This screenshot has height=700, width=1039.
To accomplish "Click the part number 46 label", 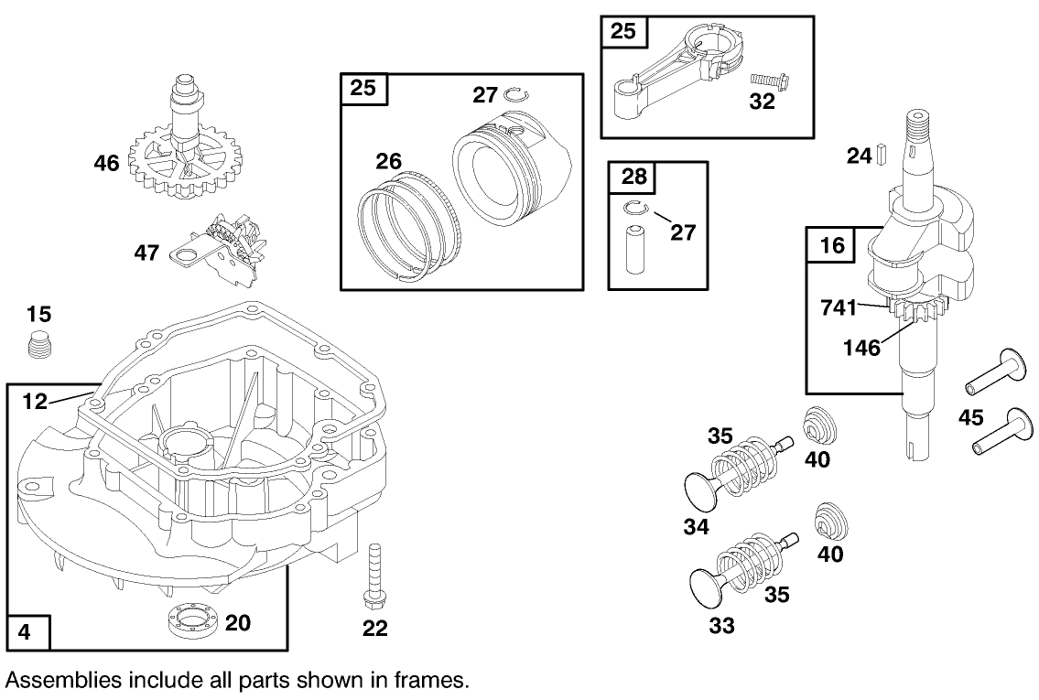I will pyautogui.click(x=106, y=164).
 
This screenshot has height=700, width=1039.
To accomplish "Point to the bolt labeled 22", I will pyautogui.click(x=374, y=574).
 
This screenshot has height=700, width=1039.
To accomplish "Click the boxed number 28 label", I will pyautogui.click(x=633, y=177).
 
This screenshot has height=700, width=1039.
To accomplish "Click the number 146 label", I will pyautogui.click(x=862, y=348).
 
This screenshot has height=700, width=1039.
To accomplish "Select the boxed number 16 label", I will pyautogui.click(x=830, y=245).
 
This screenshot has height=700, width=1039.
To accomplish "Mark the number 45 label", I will pyautogui.click(x=971, y=418).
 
